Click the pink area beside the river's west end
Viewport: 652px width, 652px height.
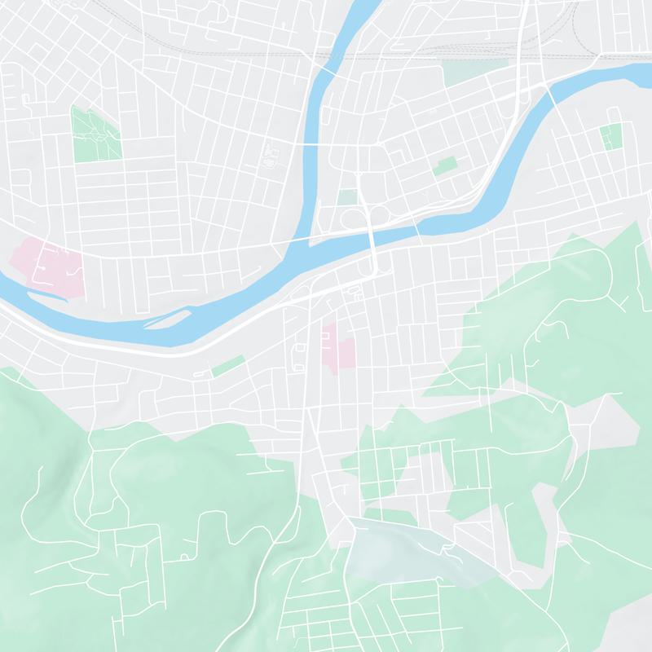coord(49,265)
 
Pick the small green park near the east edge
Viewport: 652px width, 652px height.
coord(610,136)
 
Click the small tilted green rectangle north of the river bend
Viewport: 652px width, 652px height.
coord(446,167)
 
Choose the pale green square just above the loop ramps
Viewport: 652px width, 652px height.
coord(348,197)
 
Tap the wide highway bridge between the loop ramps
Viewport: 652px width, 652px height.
coord(372,240)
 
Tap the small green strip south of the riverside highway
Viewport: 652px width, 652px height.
coord(228,366)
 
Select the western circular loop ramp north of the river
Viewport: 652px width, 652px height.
coord(348,218)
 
